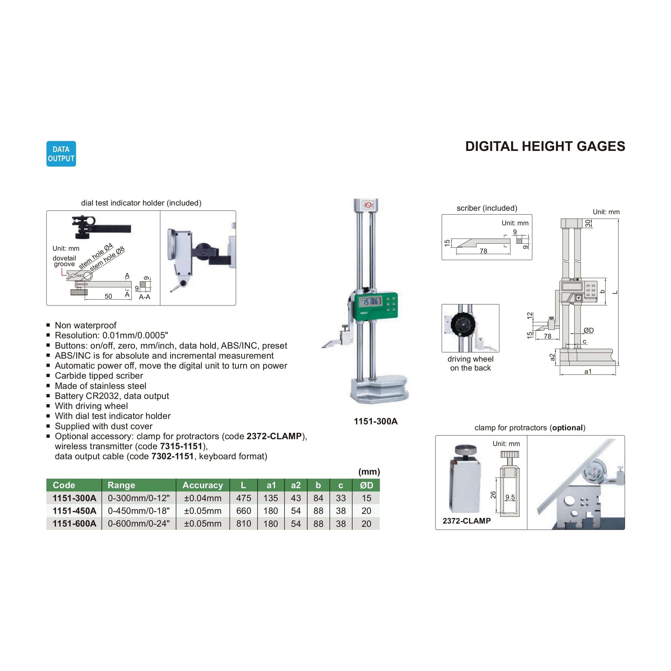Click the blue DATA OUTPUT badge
(x=61, y=154)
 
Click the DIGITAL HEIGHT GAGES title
(x=545, y=146)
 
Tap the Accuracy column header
(x=203, y=485)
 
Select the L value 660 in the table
(x=243, y=511)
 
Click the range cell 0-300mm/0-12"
(x=138, y=498)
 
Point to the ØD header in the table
(x=366, y=485)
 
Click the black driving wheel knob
(x=463, y=324)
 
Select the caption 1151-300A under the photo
(x=375, y=421)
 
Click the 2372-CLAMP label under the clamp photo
(x=467, y=521)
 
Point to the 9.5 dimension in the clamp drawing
(x=510, y=497)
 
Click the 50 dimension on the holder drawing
(x=108, y=296)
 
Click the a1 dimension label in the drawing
(x=588, y=371)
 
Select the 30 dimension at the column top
(x=588, y=223)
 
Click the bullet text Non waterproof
(x=85, y=325)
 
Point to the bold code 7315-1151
(x=181, y=446)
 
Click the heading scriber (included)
(x=487, y=208)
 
